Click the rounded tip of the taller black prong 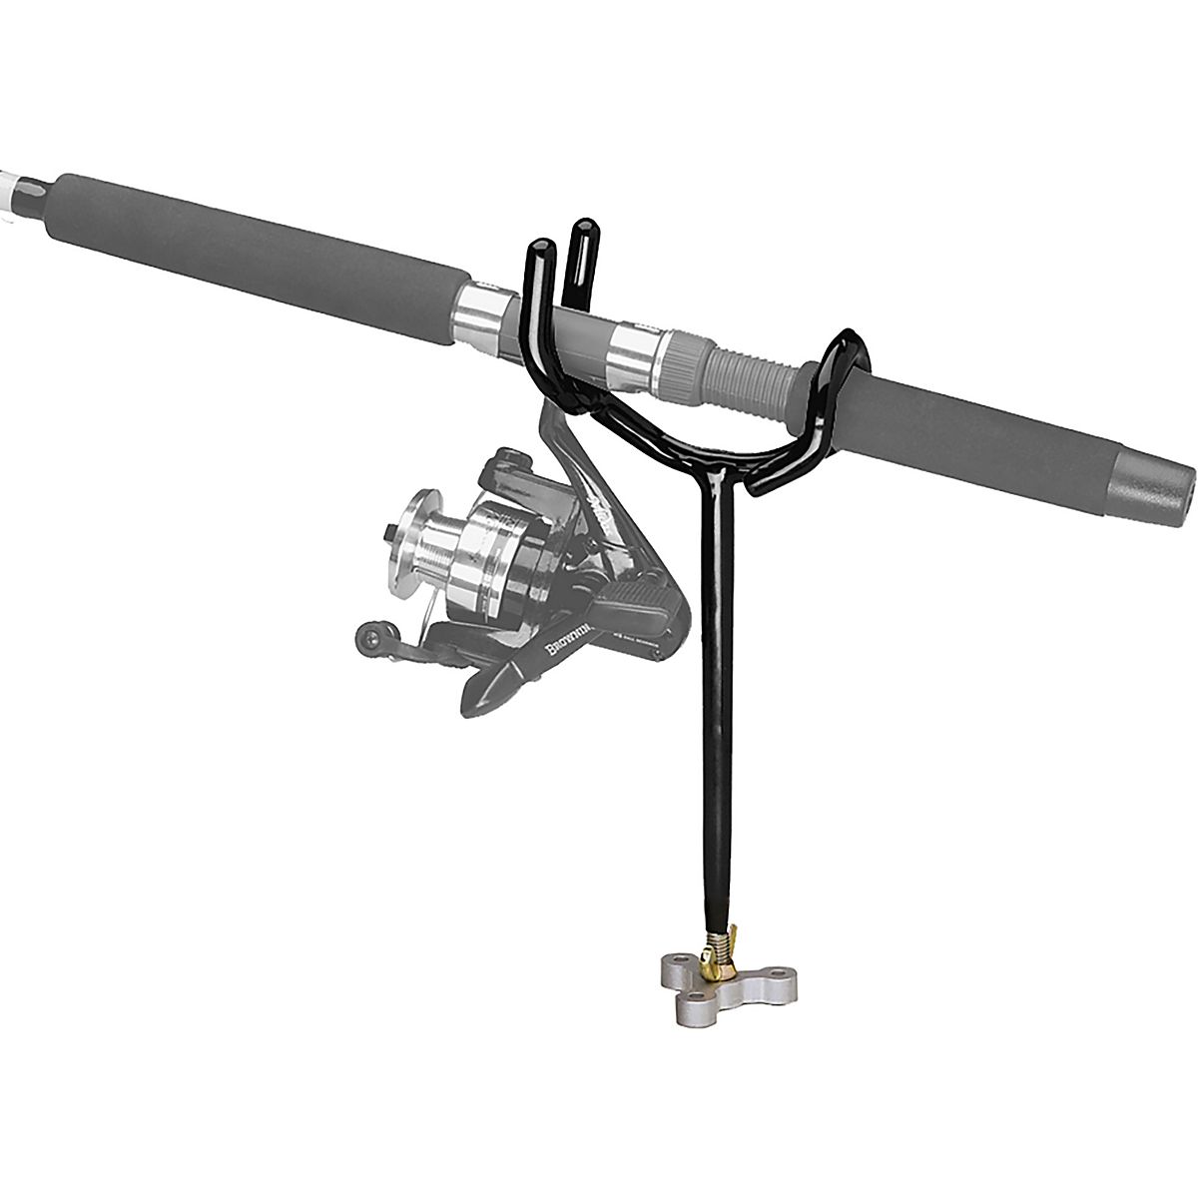580,231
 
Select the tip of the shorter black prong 540,247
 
